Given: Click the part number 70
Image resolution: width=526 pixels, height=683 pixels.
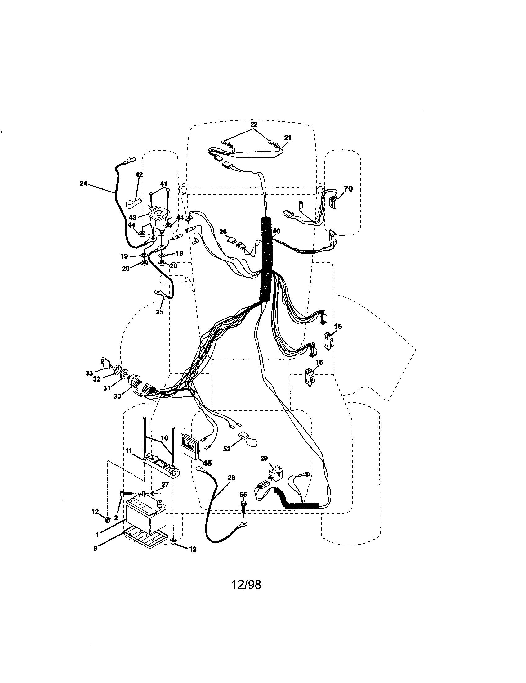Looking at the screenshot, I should [348, 188].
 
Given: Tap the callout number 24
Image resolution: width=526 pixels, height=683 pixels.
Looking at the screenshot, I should [83, 183].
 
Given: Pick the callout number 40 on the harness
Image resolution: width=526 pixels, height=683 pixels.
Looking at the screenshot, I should [276, 231].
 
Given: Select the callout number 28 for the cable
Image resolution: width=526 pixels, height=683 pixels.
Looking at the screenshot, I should [231, 477].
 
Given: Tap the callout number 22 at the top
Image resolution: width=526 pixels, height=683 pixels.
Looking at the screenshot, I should [254, 124].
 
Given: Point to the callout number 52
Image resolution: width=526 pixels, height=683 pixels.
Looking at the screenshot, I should [227, 449].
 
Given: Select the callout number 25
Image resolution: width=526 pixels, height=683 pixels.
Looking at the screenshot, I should [159, 312].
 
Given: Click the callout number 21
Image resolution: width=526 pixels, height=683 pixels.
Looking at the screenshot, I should [288, 137].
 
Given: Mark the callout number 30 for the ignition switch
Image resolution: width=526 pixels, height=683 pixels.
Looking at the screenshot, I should [117, 396].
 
